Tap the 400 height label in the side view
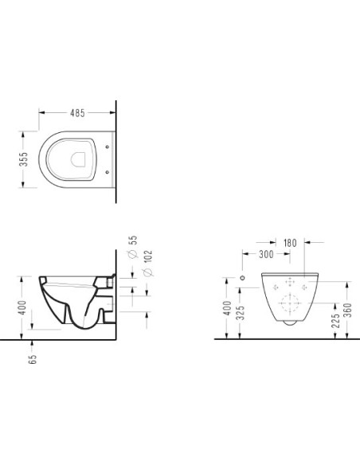point(24,307)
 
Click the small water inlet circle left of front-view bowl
point(244,279)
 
